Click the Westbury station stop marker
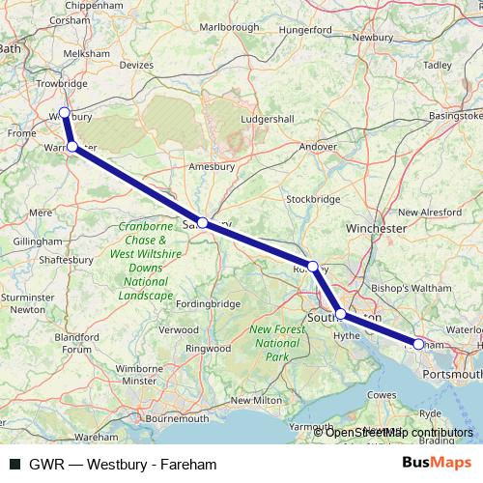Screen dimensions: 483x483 point(64,112)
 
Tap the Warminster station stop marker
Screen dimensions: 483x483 point(72,146)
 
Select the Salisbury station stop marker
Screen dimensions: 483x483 point(202,222)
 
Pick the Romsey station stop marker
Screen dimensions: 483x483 point(312,266)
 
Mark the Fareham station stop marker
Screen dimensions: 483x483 point(418,343)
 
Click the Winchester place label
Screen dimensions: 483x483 point(376,229)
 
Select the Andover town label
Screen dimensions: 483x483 point(318,147)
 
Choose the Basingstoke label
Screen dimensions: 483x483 point(454,116)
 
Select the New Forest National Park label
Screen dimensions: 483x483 point(274,343)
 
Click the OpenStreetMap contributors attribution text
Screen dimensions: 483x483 point(399,432)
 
